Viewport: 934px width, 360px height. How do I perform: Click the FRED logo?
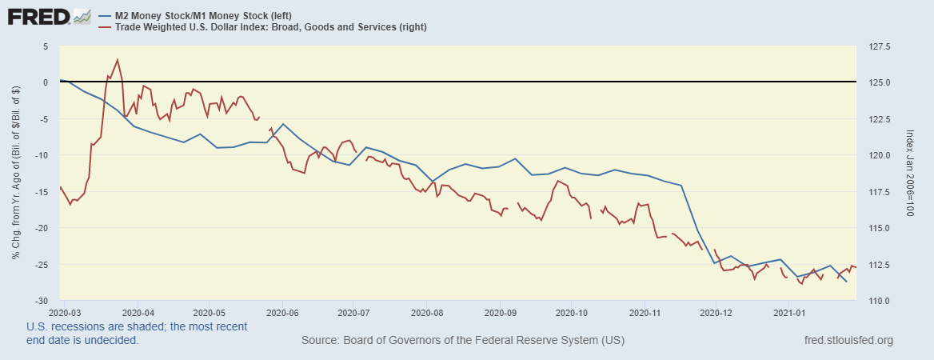point(38,16)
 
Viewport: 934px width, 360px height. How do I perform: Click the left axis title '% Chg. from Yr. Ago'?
point(16,174)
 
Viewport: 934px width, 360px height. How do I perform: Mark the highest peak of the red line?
point(118,59)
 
